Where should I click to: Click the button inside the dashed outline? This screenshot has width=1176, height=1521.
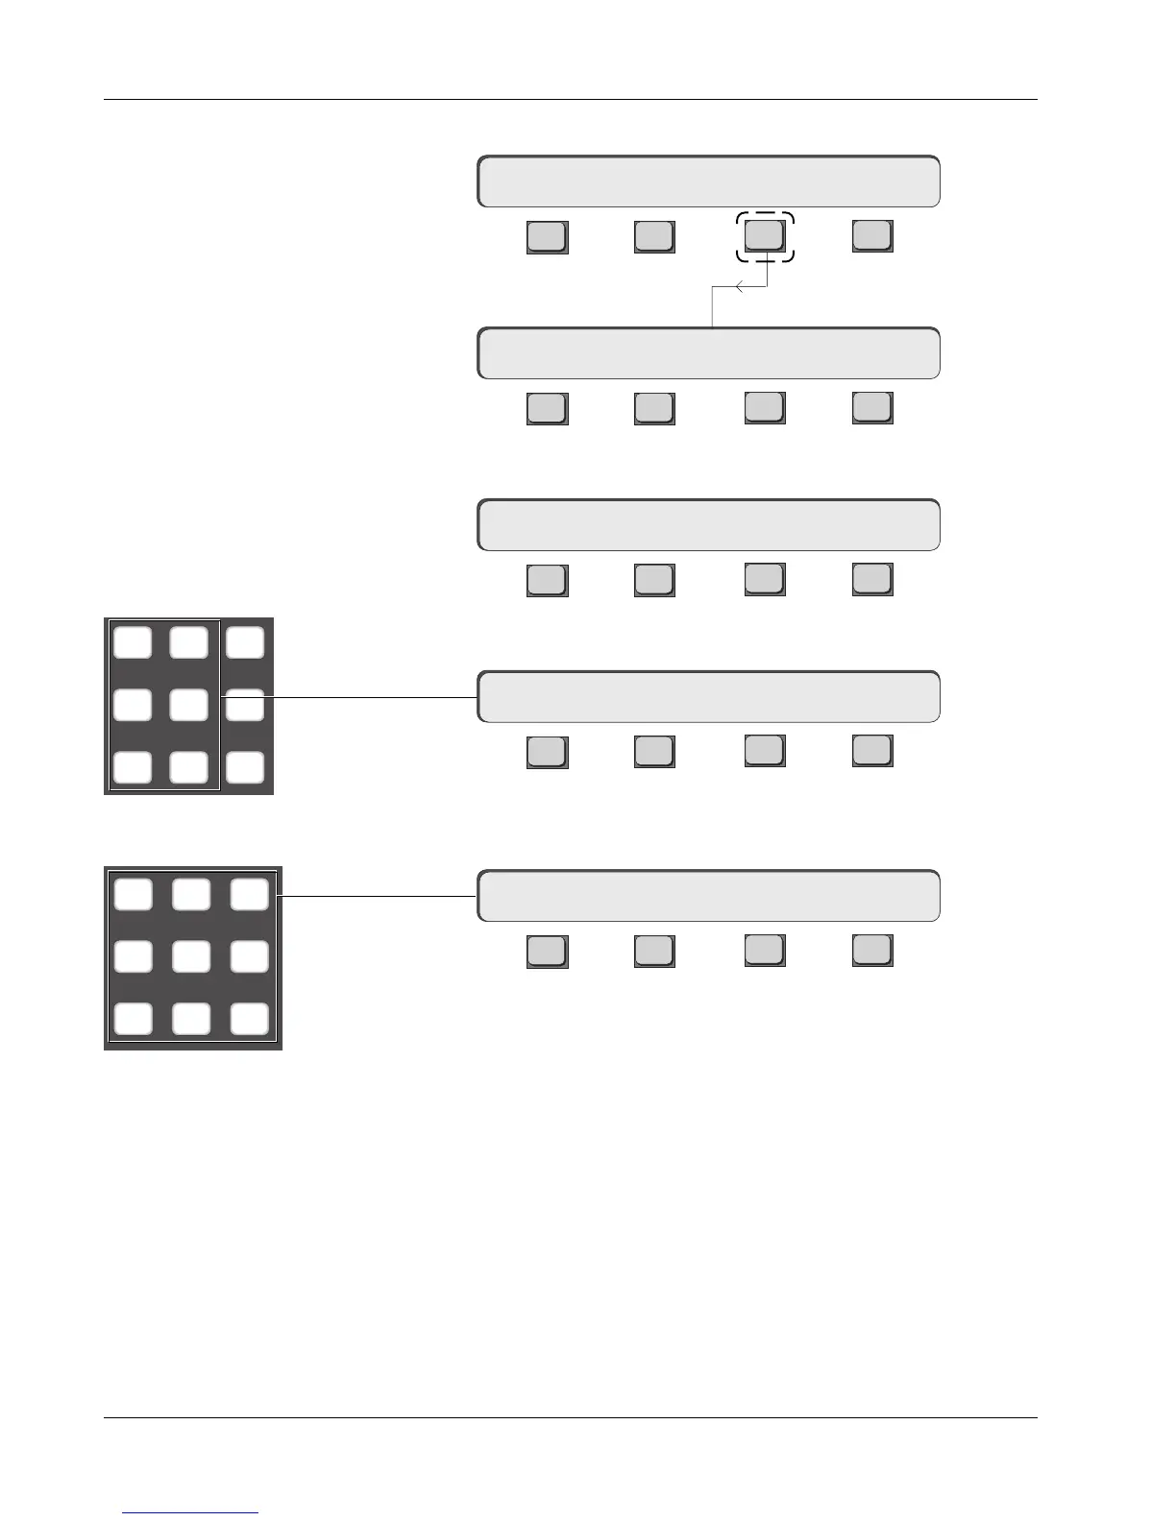point(765,235)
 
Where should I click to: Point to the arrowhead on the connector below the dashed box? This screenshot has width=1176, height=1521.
point(738,286)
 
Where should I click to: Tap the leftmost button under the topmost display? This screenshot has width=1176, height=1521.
point(547,237)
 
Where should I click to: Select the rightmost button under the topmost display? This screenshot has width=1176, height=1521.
point(872,236)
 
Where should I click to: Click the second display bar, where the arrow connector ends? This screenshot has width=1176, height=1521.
point(708,353)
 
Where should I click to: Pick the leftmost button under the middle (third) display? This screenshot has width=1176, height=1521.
point(547,580)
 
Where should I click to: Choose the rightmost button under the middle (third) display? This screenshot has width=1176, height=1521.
point(872,579)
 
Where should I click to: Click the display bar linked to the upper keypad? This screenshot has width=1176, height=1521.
point(708,696)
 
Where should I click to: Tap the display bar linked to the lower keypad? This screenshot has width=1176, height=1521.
point(708,896)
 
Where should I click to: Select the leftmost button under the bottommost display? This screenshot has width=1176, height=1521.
point(547,951)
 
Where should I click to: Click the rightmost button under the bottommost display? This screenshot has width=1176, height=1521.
point(872,950)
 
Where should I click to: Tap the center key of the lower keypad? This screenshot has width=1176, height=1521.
point(191,956)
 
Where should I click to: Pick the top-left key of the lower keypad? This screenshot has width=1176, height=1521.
point(133,895)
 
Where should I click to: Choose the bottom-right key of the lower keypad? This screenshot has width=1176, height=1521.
point(250,1018)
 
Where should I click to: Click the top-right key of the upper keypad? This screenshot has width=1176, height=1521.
point(245,642)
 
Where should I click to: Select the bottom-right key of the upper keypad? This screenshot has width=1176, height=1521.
point(245,767)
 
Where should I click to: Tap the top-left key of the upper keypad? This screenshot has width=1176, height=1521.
point(133,642)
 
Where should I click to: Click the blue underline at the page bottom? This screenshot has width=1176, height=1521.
point(190,1512)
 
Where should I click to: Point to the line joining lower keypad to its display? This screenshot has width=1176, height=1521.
point(377,896)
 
